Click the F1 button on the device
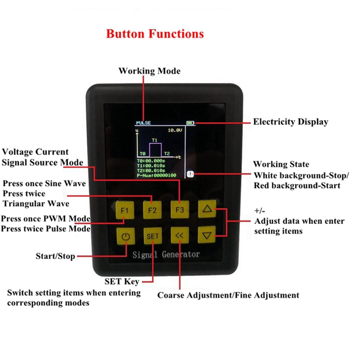[125, 210]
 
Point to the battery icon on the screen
[191, 122]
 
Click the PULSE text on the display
[144, 123]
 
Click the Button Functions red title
[155, 34]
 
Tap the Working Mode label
[149, 71]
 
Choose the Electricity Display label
[290, 121]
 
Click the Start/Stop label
[55, 256]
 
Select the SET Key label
[122, 282]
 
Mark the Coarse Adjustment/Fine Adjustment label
[228, 295]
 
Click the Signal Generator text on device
[166, 255]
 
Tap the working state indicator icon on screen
[190, 173]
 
